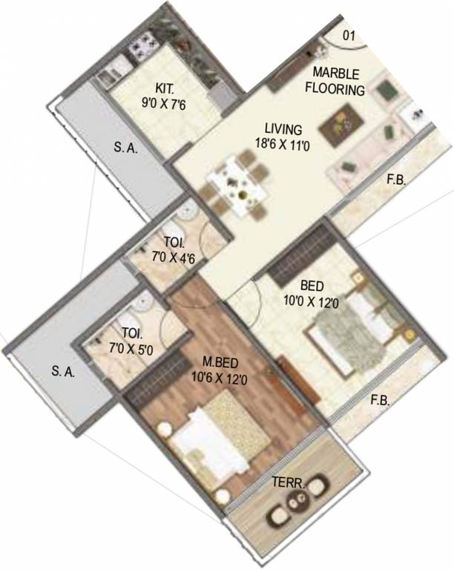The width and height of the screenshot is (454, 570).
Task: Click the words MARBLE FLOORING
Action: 338,82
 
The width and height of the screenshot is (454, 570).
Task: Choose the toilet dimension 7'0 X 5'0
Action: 128,349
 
